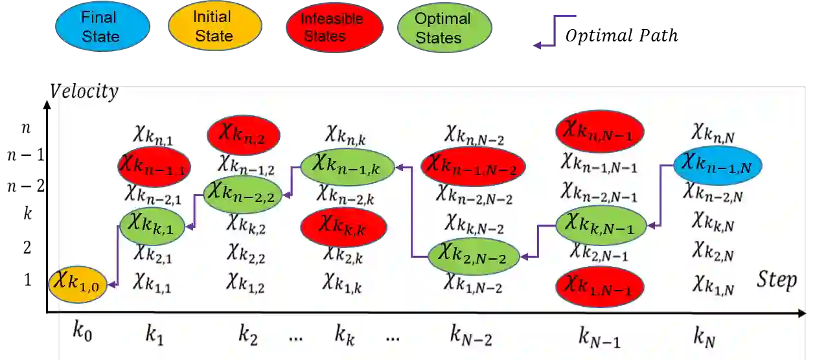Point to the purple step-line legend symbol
click(555, 31)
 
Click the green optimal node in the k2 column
click(243, 194)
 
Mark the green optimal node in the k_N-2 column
click(474, 254)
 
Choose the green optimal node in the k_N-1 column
click(601, 224)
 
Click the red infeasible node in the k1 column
click(154, 166)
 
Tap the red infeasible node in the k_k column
click(343, 227)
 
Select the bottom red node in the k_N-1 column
click(599, 285)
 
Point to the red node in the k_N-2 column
click(472, 166)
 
